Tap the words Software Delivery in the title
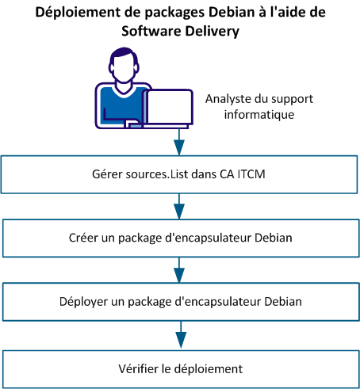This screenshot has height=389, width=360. [179, 32]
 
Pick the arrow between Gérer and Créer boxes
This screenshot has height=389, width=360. [179, 208]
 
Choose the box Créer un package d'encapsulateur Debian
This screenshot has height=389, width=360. [180, 236]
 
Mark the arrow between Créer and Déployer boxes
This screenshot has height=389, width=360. [179, 272]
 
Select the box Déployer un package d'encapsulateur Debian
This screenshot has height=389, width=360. [180, 301]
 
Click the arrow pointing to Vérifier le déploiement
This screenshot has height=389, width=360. [179, 336]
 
